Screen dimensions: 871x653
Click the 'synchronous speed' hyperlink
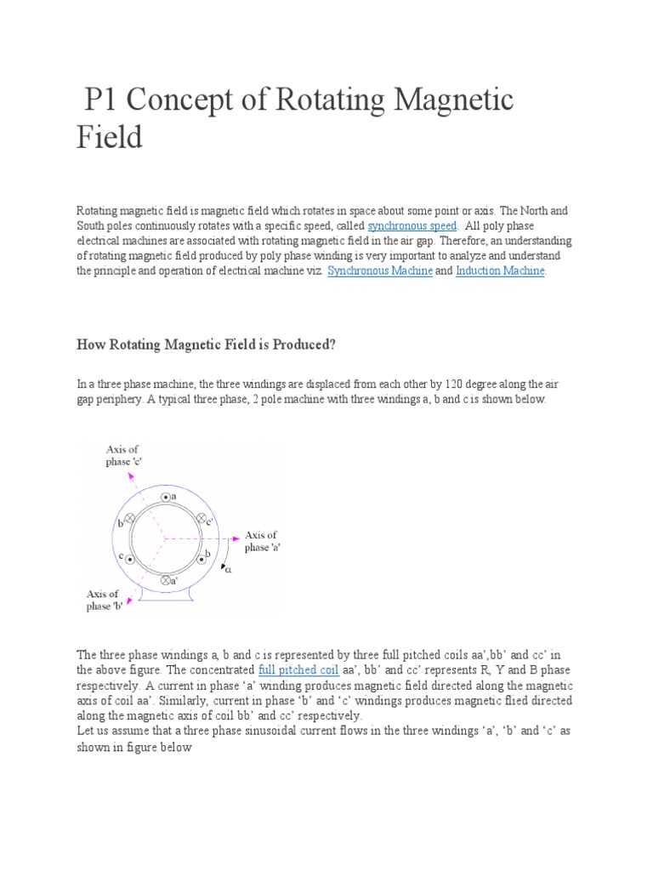tap(412, 225)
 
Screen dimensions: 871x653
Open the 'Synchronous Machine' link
tap(379, 270)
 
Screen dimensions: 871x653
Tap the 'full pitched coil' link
tap(298, 670)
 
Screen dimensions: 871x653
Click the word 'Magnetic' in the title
tap(451, 100)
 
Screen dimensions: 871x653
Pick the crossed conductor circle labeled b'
tap(130, 518)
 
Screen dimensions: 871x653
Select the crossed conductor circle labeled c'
tap(202, 518)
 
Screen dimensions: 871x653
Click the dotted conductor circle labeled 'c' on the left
tap(130, 559)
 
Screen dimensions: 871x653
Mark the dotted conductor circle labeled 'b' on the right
tap(202, 559)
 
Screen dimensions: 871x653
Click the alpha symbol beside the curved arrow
tap(228, 572)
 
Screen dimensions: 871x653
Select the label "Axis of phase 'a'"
tap(262, 541)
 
